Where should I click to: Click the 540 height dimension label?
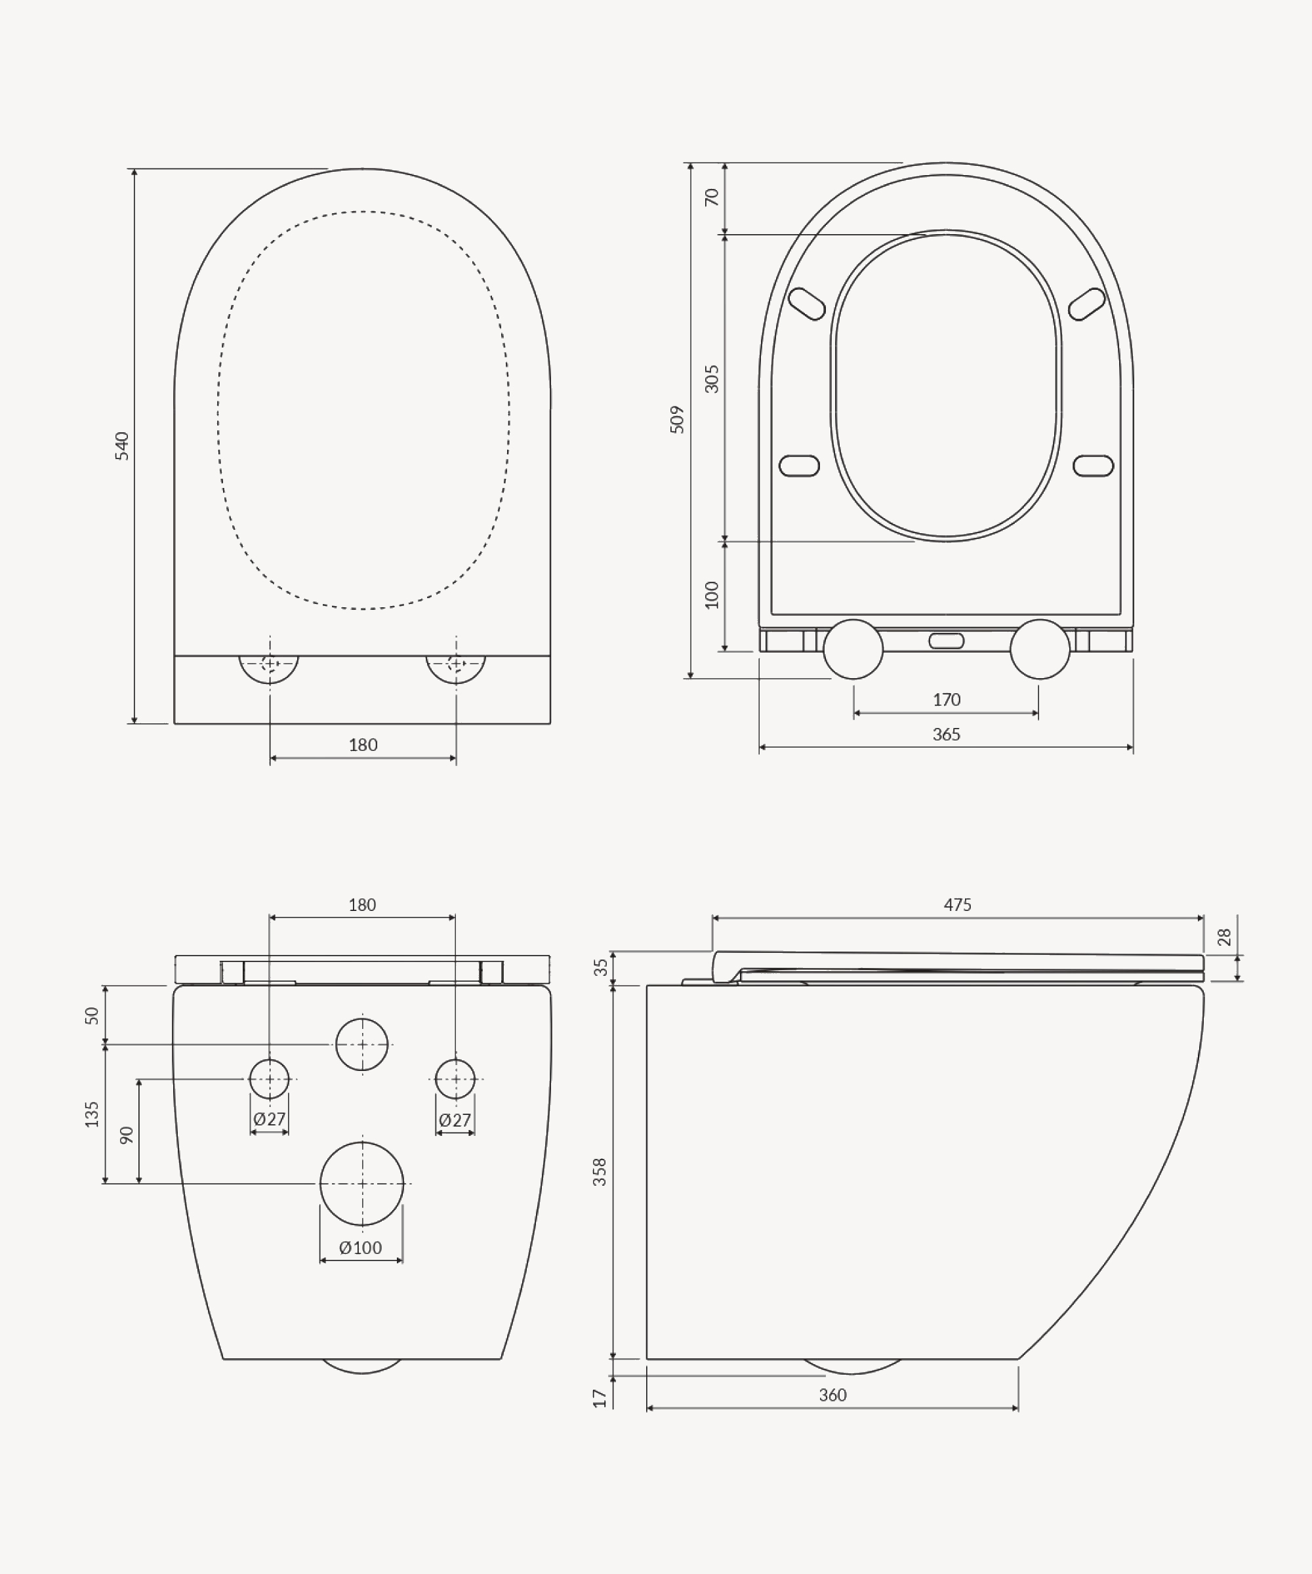[x=121, y=446]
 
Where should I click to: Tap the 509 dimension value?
[x=677, y=420]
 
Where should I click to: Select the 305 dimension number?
[x=712, y=378]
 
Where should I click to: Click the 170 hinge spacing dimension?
[x=946, y=699]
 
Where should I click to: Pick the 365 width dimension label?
[x=946, y=734]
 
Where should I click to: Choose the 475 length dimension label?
[x=957, y=904]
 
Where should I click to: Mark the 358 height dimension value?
[x=600, y=1171]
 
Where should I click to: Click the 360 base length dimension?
[x=832, y=1395]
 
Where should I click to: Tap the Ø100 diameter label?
[x=361, y=1247]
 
